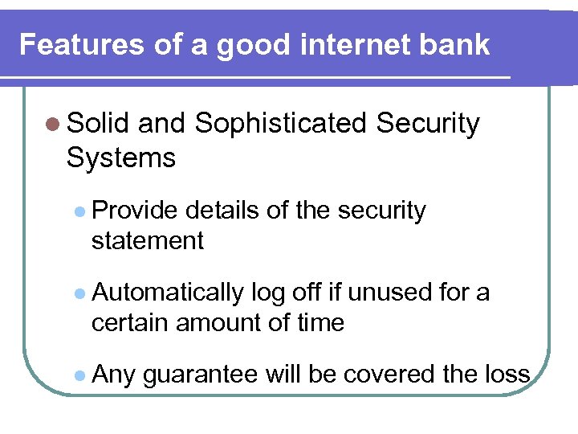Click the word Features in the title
pyautogui.click(x=68, y=45)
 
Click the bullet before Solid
pyautogui.click(x=53, y=125)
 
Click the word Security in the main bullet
pyautogui.click(x=427, y=125)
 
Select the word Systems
pyautogui.click(x=120, y=158)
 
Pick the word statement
pyautogui.click(x=148, y=240)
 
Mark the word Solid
pyautogui.click(x=98, y=125)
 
